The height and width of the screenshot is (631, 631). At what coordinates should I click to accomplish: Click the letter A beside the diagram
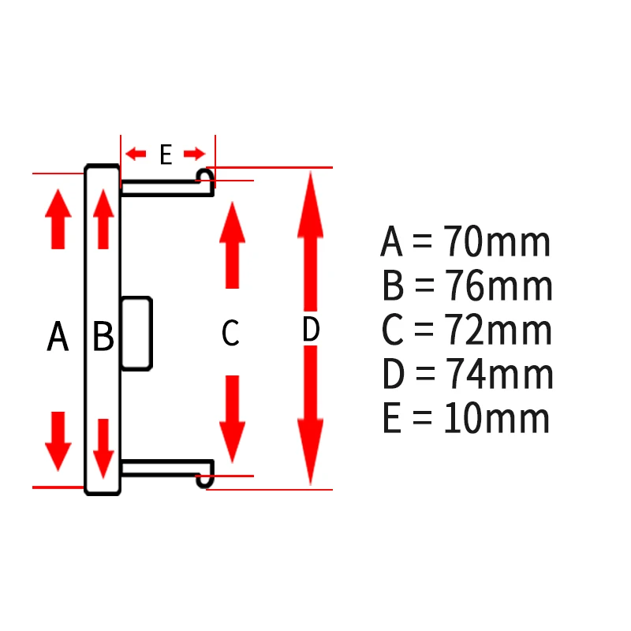point(58,336)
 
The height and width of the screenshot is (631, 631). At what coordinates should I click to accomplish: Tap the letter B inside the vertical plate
point(103,335)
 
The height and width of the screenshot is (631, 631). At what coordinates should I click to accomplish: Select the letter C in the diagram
point(230,332)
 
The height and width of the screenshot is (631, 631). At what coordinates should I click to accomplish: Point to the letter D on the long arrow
point(311,329)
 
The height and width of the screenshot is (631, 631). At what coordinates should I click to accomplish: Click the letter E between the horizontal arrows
point(166,154)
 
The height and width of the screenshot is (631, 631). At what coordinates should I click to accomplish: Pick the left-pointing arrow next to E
point(136,154)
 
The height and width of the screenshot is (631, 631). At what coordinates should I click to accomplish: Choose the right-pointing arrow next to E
point(195,154)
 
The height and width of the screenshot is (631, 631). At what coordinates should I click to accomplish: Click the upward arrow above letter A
point(58,219)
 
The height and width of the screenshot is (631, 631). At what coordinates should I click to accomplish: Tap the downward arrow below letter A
point(58,442)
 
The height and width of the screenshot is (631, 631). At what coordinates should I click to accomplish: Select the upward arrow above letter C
point(232,245)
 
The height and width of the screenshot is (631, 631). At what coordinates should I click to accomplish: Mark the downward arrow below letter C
point(232,420)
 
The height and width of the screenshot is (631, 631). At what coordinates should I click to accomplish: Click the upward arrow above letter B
point(103,219)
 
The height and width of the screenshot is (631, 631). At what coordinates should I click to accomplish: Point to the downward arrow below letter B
point(103,449)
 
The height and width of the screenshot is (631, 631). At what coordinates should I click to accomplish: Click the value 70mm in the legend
point(497,241)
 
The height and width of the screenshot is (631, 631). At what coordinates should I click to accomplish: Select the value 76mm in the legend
point(498,286)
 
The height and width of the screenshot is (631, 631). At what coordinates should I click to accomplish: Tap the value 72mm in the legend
point(498,329)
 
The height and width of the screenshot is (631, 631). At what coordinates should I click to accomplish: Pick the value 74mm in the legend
point(499,373)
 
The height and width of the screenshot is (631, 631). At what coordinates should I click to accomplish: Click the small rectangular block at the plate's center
point(136,333)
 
